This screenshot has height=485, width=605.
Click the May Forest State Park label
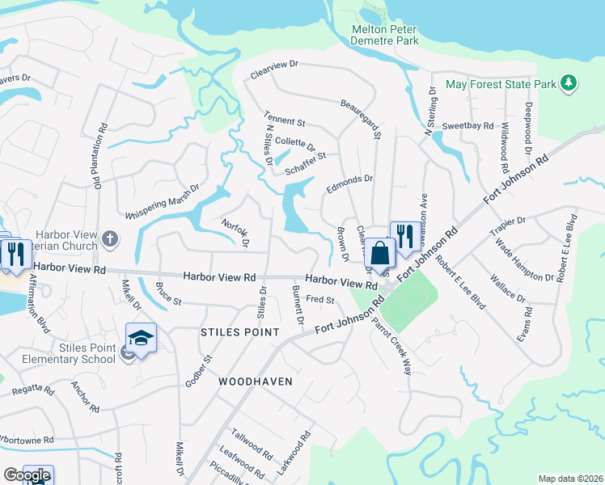tap(501, 84)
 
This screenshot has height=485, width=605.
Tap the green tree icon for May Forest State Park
tap(569, 83)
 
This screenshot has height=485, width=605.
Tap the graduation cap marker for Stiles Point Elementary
tap(141, 338)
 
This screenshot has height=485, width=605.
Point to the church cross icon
tap(110, 239)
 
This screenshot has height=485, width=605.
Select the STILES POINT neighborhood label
tap(239, 333)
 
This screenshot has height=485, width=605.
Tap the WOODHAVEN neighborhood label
tap(253, 380)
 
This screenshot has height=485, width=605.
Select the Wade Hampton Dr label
tap(524, 260)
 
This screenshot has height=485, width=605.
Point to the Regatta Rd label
tap(32, 391)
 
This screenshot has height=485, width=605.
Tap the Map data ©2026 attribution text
tap(570, 479)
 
